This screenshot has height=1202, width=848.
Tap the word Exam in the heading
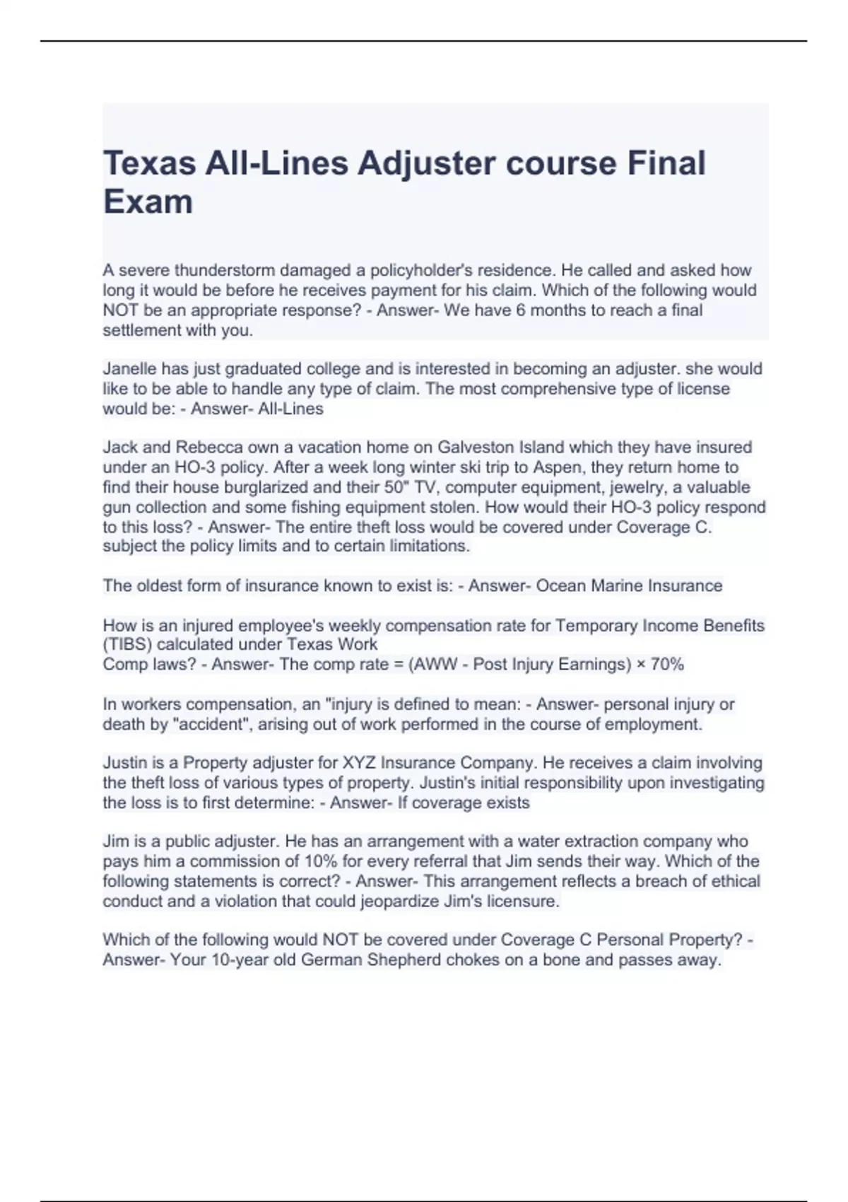pos(148,202)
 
